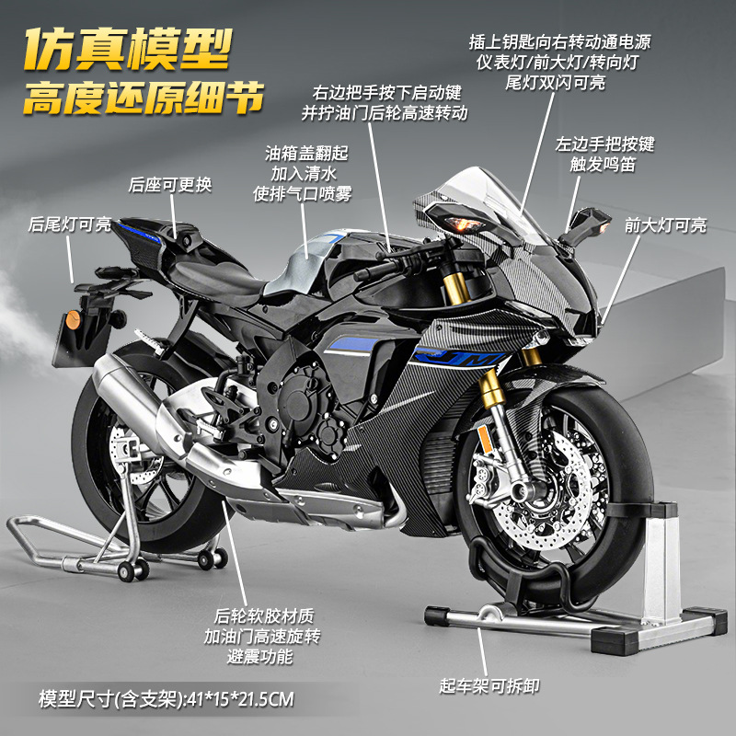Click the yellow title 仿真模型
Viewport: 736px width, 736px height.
point(128,49)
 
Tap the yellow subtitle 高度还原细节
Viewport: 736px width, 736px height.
point(144,98)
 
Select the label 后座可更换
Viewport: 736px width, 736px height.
point(170,185)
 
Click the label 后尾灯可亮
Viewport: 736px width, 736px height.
point(70,224)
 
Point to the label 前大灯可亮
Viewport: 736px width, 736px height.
point(665,224)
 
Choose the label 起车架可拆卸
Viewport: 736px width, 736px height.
point(489,685)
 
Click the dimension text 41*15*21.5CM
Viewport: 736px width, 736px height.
point(240,699)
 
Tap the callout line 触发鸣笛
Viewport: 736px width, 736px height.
point(603,165)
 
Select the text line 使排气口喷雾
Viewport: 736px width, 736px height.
point(303,193)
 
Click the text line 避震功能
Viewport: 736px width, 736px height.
point(260,656)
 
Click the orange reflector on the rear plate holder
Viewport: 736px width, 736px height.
point(73,319)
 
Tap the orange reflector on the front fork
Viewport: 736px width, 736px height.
point(484,439)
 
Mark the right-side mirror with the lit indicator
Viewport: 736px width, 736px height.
point(587,225)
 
